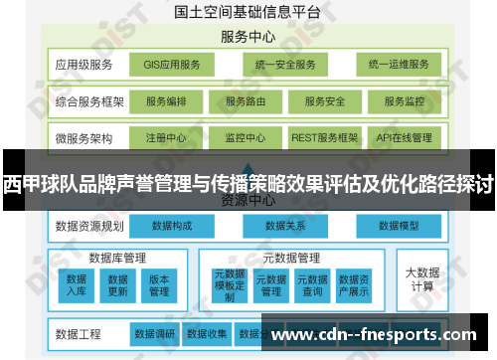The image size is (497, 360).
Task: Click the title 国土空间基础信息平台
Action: [248, 12]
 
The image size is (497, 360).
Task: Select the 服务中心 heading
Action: [248, 38]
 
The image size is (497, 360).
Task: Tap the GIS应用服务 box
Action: [172, 66]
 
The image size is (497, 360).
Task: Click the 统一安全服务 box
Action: [284, 66]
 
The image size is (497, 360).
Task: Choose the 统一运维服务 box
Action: [398, 66]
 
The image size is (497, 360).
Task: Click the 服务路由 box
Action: [245, 101]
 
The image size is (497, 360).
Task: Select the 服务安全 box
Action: [324, 101]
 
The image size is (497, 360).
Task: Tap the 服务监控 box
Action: [404, 101]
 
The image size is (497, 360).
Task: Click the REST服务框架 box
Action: [324, 137]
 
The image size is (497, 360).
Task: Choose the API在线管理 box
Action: [404, 137]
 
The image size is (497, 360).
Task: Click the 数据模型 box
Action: [401, 227]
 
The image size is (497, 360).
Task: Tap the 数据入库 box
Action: [77, 285]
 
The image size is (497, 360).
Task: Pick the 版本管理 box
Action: [159, 285]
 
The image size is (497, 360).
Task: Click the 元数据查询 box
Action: [312, 285]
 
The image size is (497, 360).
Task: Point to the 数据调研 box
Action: [155, 333]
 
